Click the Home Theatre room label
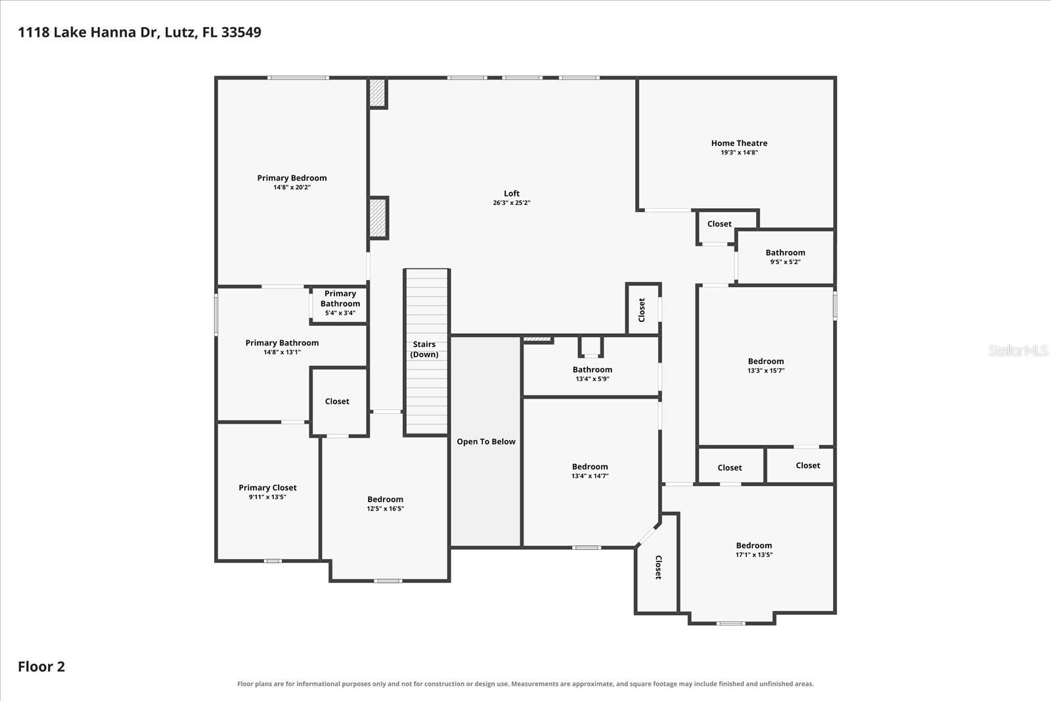tap(739, 143)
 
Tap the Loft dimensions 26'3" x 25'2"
tap(512, 203)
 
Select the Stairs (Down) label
tap(424, 349)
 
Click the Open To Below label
tap(486, 441)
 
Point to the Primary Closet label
tap(267, 487)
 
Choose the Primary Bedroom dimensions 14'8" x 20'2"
tap(292, 187)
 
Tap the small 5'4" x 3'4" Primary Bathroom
tap(340, 303)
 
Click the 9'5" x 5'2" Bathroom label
tap(785, 257)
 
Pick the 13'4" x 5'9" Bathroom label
tap(592, 373)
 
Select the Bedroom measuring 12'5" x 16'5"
tap(385, 503)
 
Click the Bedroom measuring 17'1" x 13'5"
tap(753, 549)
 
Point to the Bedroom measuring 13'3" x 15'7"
tap(766, 365)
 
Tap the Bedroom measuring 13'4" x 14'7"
tap(590, 470)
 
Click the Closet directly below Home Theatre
tap(719, 224)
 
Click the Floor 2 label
tap(41, 666)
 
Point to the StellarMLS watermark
tap(1017, 351)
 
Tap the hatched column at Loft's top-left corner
tap(376, 93)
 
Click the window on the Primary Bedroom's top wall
tap(298, 78)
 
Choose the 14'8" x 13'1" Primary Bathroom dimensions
tap(282, 352)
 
